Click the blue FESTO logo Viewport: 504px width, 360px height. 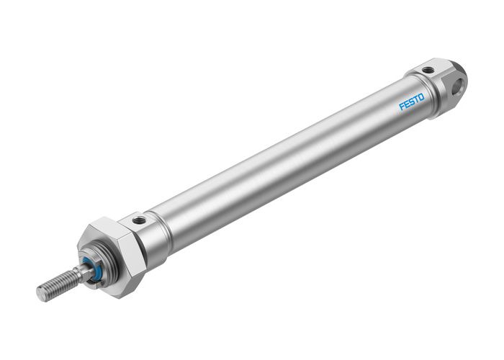[x=412, y=100]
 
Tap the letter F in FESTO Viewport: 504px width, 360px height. [x=402, y=107]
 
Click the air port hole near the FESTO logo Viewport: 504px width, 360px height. [x=428, y=71]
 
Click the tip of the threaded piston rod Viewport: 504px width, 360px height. [x=41, y=294]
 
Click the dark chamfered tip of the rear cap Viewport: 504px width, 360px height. [x=462, y=72]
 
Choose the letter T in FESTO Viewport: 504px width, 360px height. [x=417, y=97]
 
